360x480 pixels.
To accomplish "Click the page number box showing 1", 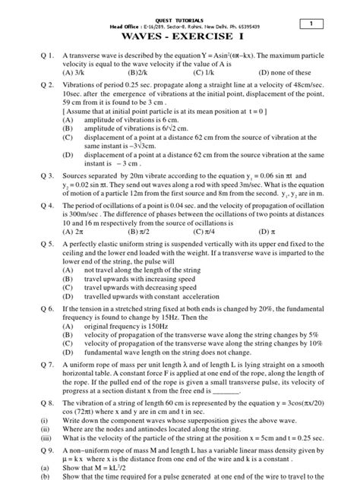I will click(331, 25).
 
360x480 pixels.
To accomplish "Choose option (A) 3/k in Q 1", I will click(74, 72).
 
